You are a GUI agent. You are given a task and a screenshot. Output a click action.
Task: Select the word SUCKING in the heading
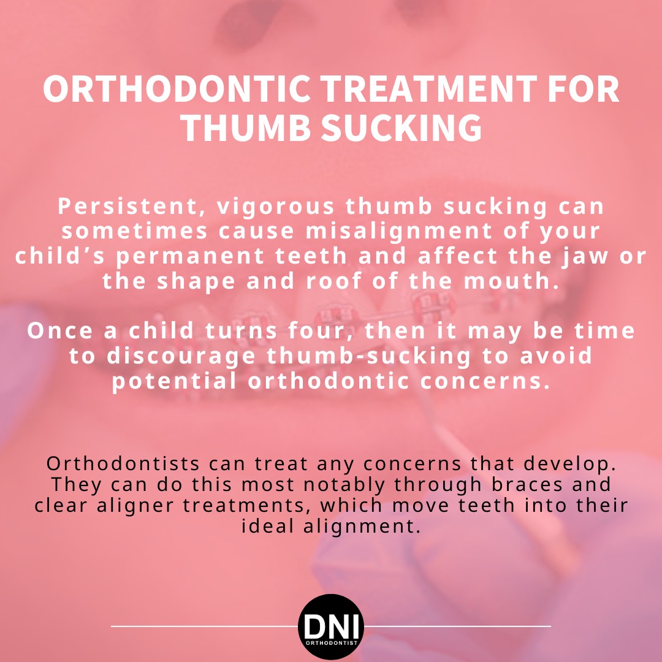pyautogui.click(x=401, y=127)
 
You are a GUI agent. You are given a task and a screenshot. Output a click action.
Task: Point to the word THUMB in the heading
pyautogui.click(x=246, y=127)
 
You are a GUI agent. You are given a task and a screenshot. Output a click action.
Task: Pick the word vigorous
pyautogui.click(x=276, y=208)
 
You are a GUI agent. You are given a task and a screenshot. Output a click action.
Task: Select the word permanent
pyautogui.click(x=190, y=257)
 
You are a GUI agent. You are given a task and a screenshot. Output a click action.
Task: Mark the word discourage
pyautogui.click(x=181, y=357)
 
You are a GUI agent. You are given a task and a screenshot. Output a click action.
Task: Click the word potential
pyautogui.click(x=174, y=381)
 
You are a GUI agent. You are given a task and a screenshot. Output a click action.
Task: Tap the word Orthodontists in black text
pyautogui.click(x=123, y=463)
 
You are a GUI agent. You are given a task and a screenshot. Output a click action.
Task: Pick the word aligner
pyautogui.click(x=135, y=506)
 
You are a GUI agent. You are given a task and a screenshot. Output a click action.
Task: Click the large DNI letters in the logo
pyautogui.click(x=331, y=626)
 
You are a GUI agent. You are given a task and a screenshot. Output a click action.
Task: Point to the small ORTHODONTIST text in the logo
pyautogui.click(x=331, y=644)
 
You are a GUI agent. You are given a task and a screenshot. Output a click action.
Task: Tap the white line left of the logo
pyautogui.click(x=205, y=626)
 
